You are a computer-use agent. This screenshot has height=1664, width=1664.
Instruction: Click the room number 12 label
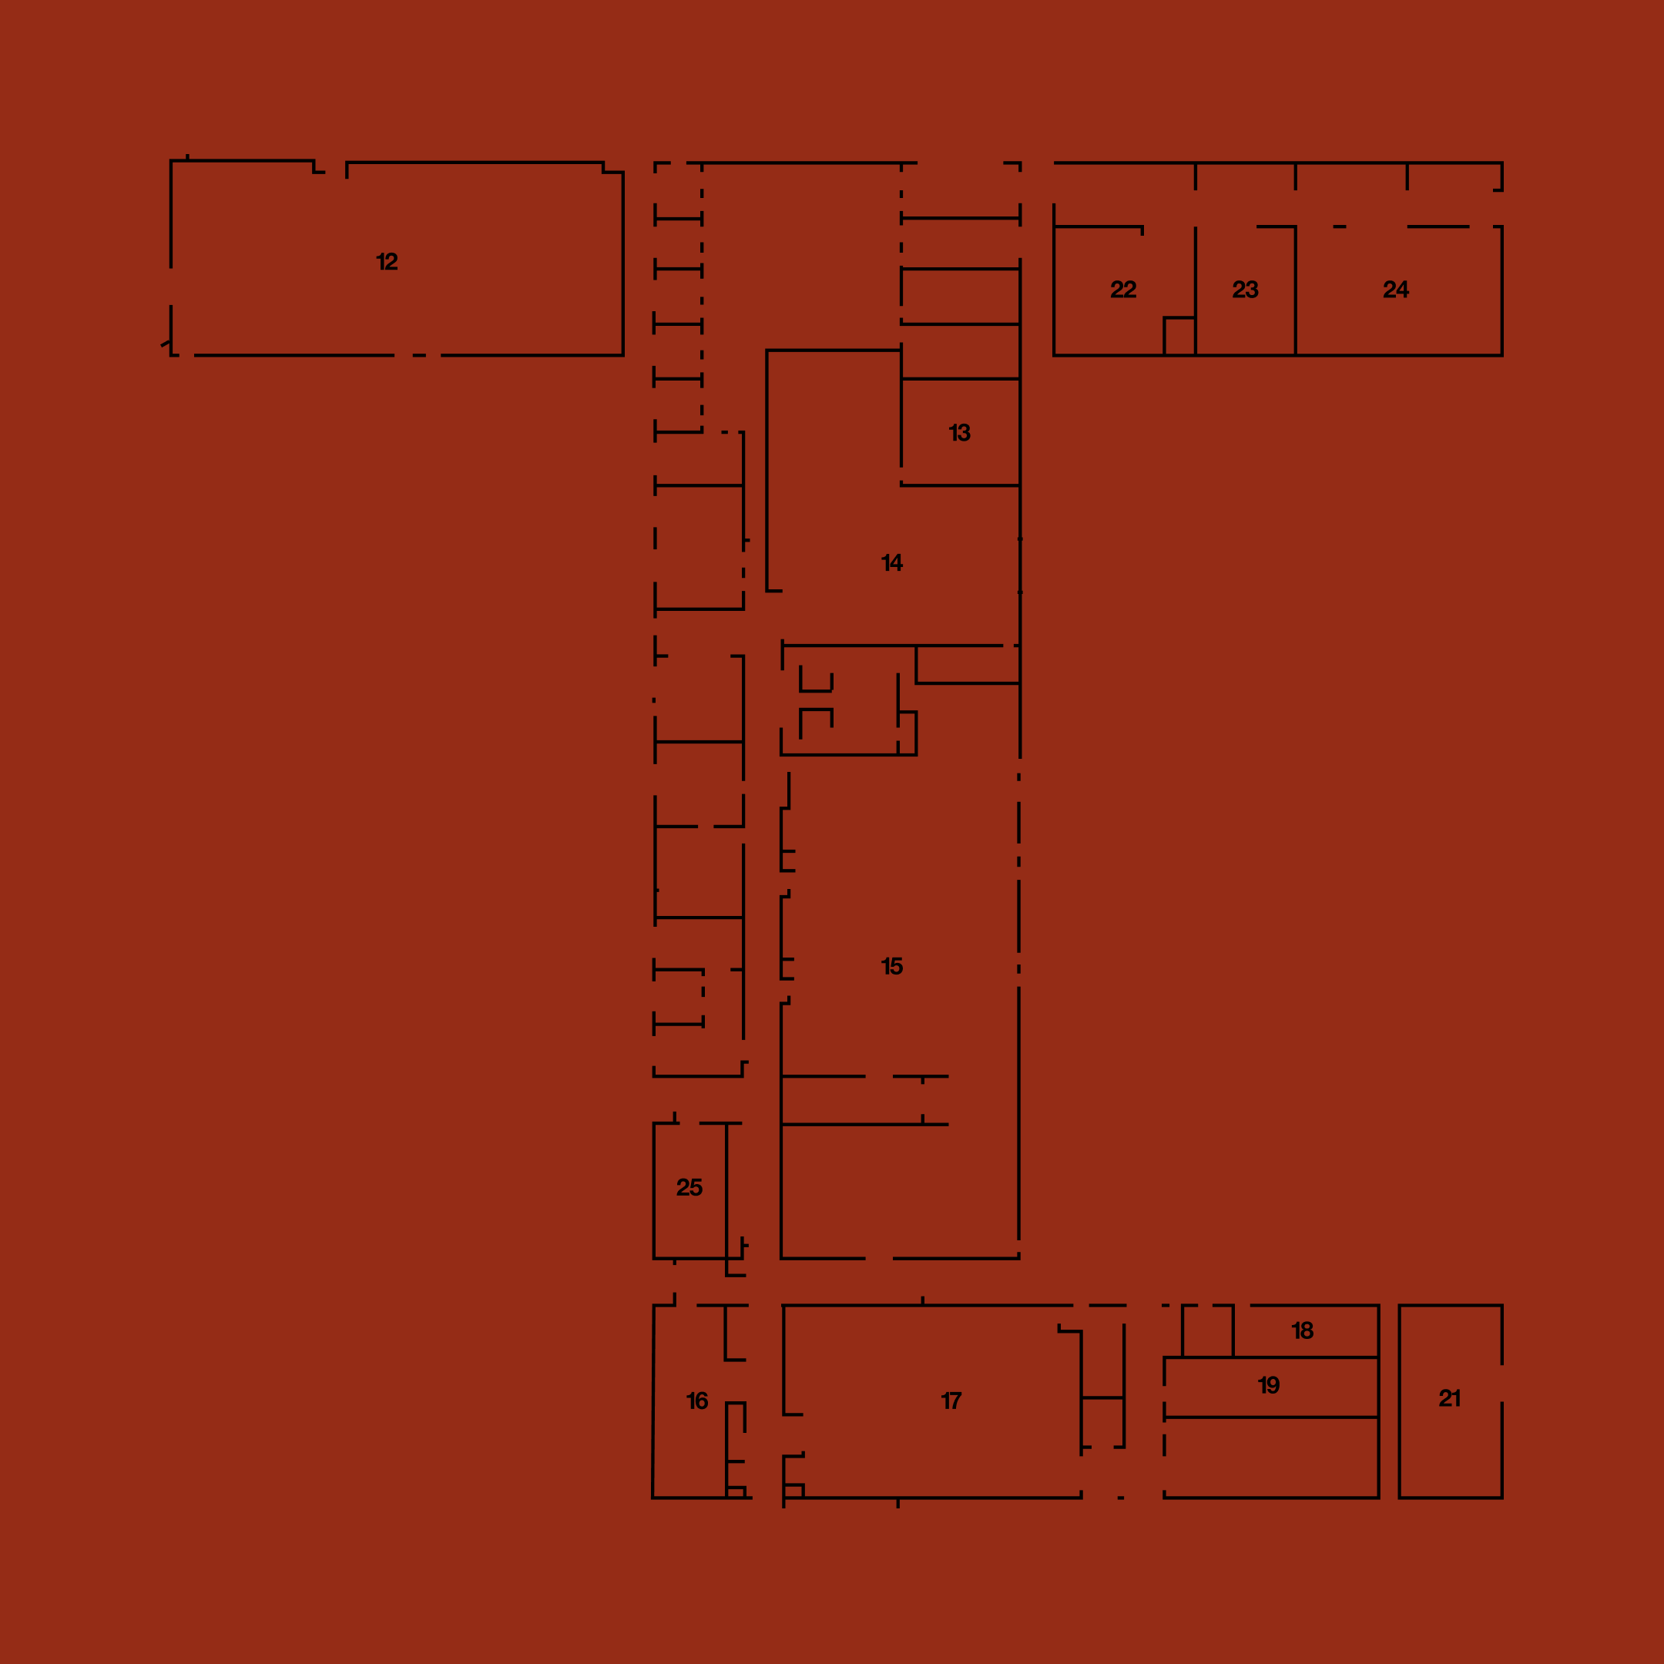(x=387, y=262)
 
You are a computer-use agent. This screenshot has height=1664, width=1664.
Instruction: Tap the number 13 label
(x=959, y=433)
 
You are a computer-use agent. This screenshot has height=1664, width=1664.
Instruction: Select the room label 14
(x=892, y=563)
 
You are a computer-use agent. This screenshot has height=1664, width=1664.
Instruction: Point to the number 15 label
(x=892, y=966)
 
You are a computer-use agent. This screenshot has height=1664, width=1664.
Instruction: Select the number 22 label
(x=1123, y=290)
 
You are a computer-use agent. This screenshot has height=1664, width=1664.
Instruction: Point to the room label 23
(x=1246, y=290)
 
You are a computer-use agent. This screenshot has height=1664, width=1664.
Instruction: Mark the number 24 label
(x=1396, y=290)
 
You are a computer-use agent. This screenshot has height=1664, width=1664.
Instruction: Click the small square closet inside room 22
(x=1180, y=336)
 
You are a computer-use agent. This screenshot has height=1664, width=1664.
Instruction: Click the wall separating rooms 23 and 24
(x=1295, y=290)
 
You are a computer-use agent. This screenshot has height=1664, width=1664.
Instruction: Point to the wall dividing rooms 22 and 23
(x=1196, y=290)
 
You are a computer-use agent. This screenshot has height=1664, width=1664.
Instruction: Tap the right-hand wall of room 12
(x=622, y=263)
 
